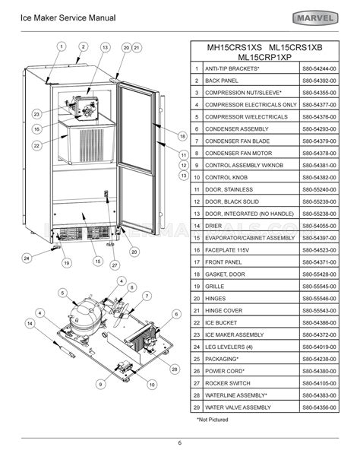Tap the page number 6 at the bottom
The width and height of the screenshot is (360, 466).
[x=180, y=443]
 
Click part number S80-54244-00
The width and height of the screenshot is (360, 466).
[x=321, y=68]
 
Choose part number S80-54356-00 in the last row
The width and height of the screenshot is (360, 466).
[x=321, y=407]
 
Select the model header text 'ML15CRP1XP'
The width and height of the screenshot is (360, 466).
[x=270, y=55]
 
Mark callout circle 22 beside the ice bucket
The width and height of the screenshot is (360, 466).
[x=36, y=144]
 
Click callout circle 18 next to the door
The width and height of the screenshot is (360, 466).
[x=182, y=136]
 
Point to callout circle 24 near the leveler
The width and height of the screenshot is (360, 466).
[x=27, y=258]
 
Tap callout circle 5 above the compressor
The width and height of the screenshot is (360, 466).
[x=62, y=293]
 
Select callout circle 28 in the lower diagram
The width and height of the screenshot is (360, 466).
[x=174, y=369]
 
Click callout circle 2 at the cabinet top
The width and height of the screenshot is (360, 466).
[x=81, y=46]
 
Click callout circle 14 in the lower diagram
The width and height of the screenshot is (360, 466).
[x=30, y=323]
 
